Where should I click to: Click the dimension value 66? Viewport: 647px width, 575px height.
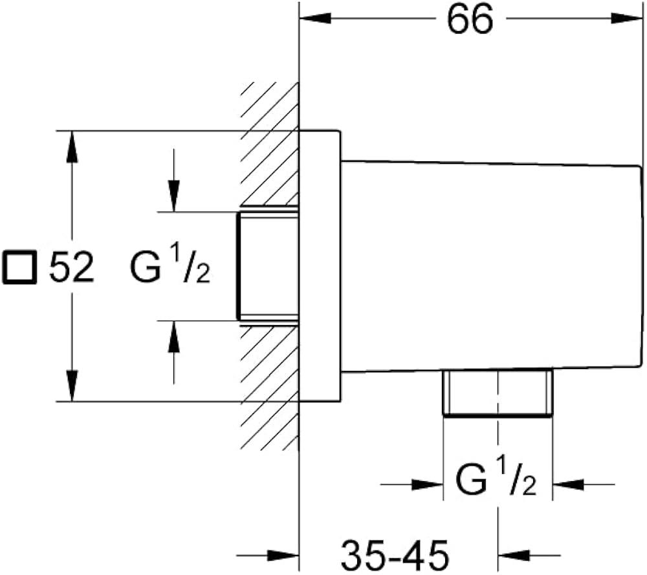[469, 21]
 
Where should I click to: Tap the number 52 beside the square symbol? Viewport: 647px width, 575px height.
[72, 267]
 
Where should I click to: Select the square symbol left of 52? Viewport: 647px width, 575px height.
[19, 267]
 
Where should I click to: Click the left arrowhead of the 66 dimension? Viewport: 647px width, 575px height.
[311, 19]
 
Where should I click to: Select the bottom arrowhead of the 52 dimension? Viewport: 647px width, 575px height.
[73, 389]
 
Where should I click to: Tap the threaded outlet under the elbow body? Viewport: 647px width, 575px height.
[498, 393]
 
